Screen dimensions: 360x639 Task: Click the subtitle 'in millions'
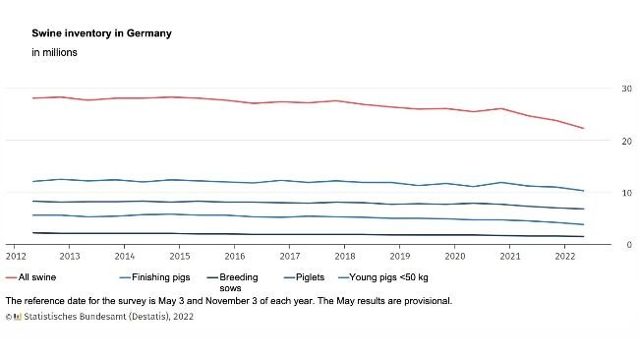(x=54, y=52)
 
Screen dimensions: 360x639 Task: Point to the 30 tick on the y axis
(x=626, y=90)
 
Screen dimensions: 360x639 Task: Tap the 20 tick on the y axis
(x=626, y=142)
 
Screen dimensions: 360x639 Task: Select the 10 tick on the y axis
(x=626, y=193)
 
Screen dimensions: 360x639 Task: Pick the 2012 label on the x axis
(x=17, y=256)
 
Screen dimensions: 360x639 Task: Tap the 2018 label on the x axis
(x=345, y=256)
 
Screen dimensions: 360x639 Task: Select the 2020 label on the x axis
(x=455, y=256)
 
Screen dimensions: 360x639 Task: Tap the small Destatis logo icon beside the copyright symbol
(x=18, y=317)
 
